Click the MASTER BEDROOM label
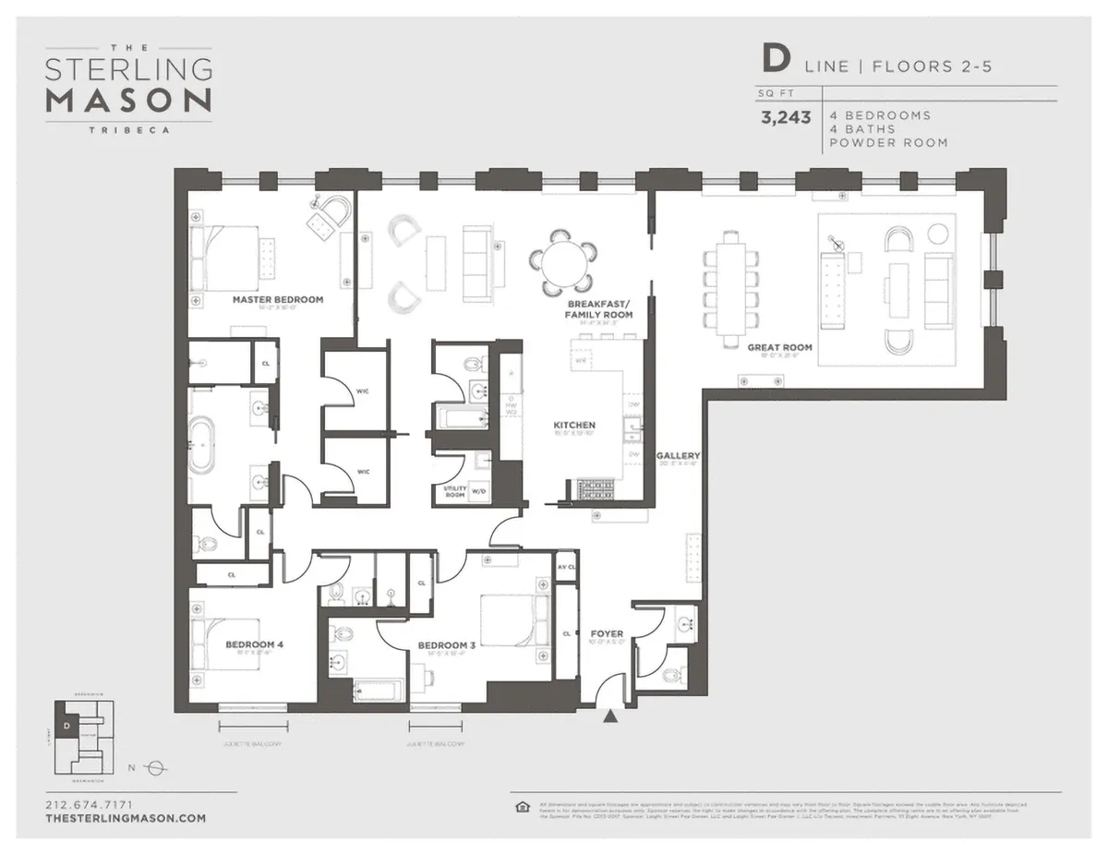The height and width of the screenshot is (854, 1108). click(x=277, y=300)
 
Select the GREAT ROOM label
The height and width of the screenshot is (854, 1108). click(x=780, y=348)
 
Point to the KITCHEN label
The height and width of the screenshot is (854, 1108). click(x=573, y=426)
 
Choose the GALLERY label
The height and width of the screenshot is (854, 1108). click(x=678, y=456)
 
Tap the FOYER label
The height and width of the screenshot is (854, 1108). click(x=607, y=634)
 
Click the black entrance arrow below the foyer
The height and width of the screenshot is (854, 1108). click(x=609, y=716)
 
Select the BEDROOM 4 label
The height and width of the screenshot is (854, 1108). click(x=254, y=644)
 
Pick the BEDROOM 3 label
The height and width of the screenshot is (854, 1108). click(x=446, y=645)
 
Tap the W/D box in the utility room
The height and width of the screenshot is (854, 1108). click(x=480, y=492)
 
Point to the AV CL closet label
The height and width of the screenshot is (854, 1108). click(x=566, y=566)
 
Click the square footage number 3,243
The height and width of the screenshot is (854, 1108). click(x=786, y=117)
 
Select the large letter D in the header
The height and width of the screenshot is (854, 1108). click(x=775, y=59)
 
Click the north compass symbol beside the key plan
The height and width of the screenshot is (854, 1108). click(x=155, y=767)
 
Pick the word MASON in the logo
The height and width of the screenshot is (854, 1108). click(x=129, y=101)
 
